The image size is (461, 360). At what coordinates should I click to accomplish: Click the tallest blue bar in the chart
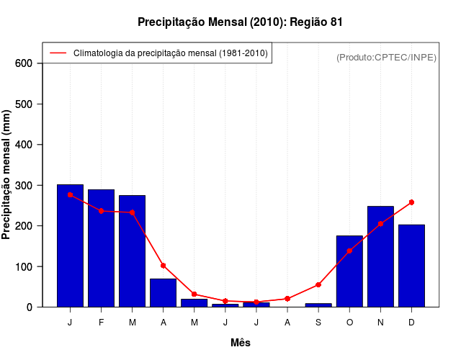[x=70, y=246]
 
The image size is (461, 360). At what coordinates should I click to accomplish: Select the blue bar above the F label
[x=101, y=248]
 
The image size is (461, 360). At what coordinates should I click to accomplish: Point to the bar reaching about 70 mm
[x=163, y=292]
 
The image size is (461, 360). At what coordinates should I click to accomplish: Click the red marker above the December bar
[x=411, y=202]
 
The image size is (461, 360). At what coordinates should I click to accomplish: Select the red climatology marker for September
[x=318, y=284]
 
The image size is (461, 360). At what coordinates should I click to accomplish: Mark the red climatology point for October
[x=349, y=251]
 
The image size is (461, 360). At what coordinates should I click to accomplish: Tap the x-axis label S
[x=318, y=323]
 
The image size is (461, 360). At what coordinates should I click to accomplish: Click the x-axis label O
[x=349, y=323]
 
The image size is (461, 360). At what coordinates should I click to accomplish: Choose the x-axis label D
[x=411, y=323]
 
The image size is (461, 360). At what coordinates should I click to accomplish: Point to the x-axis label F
[x=101, y=323]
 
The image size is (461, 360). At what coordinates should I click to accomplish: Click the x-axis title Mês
[x=241, y=343]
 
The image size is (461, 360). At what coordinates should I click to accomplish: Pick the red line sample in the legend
[x=58, y=53]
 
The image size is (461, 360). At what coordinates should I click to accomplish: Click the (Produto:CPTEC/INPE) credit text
[x=386, y=57]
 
